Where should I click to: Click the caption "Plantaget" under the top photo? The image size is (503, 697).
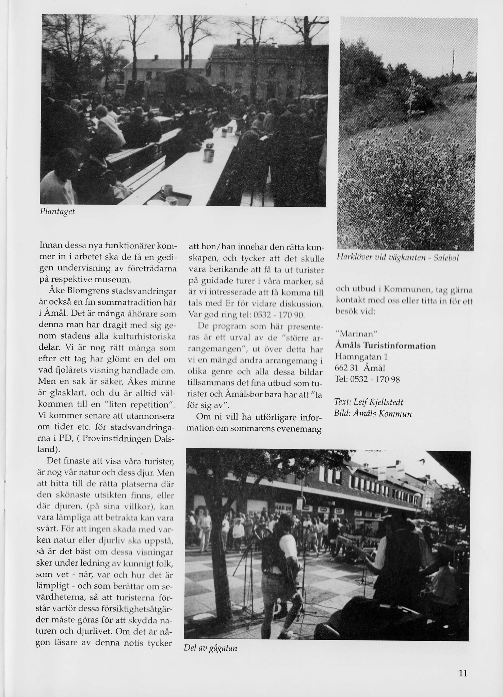(57, 211)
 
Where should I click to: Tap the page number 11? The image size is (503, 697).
(463, 673)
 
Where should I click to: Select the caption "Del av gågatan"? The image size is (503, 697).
(210, 648)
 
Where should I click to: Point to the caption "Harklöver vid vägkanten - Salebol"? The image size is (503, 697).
(397, 258)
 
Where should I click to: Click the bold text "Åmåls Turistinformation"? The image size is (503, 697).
(385, 346)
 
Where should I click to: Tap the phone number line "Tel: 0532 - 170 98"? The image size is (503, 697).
(367, 379)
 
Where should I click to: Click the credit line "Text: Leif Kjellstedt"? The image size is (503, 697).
(369, 402)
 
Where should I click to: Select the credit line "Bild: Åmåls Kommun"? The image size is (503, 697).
(373, 414)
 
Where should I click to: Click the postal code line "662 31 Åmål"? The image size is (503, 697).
(360, 368)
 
